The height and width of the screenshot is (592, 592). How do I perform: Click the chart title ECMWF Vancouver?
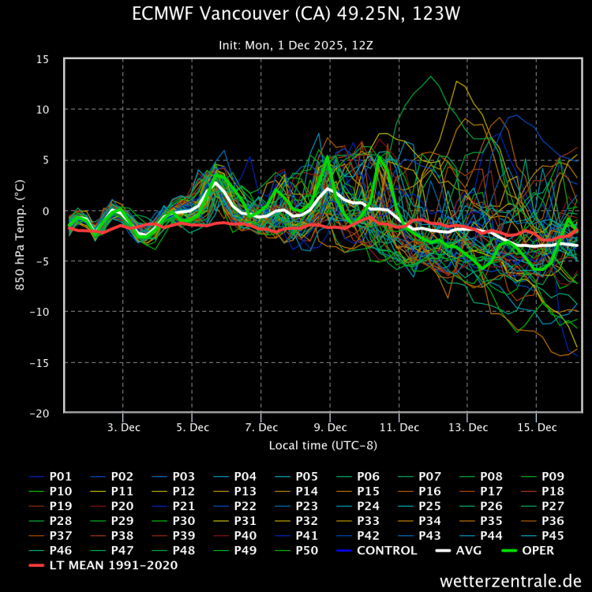[x=295, y=14]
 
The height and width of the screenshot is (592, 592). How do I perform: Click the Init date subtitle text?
[x=295, y=45]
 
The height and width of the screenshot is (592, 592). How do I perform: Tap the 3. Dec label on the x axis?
[x=123, y=427]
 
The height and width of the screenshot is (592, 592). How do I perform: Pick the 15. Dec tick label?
[x=537, y=427]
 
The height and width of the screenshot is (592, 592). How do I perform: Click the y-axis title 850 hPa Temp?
[x=20, y=234]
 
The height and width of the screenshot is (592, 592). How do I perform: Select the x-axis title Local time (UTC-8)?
[x=322, y=445]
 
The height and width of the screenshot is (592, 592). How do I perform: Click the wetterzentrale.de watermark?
[x=510, y=580]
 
